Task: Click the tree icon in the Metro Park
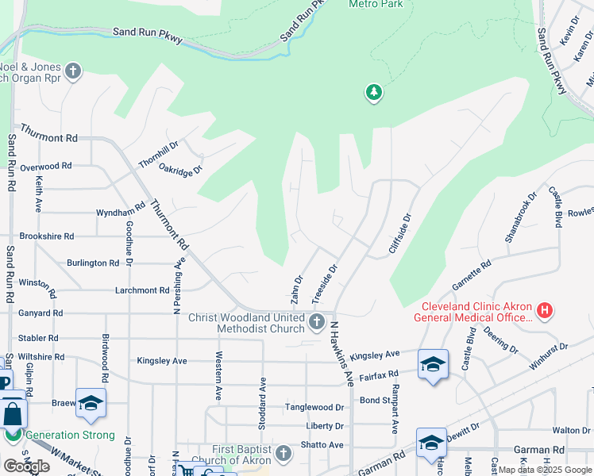point(373,93)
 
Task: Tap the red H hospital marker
point(544,310)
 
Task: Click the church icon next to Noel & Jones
point(73,72)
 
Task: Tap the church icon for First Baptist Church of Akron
point(283,453)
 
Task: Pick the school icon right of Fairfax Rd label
point(433,364)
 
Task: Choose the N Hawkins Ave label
point(342,354)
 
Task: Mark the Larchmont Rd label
point(135,290)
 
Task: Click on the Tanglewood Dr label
point(314,408)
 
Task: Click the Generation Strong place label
point(70,436)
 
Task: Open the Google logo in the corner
point(26,466)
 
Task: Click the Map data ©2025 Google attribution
point(546,470)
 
